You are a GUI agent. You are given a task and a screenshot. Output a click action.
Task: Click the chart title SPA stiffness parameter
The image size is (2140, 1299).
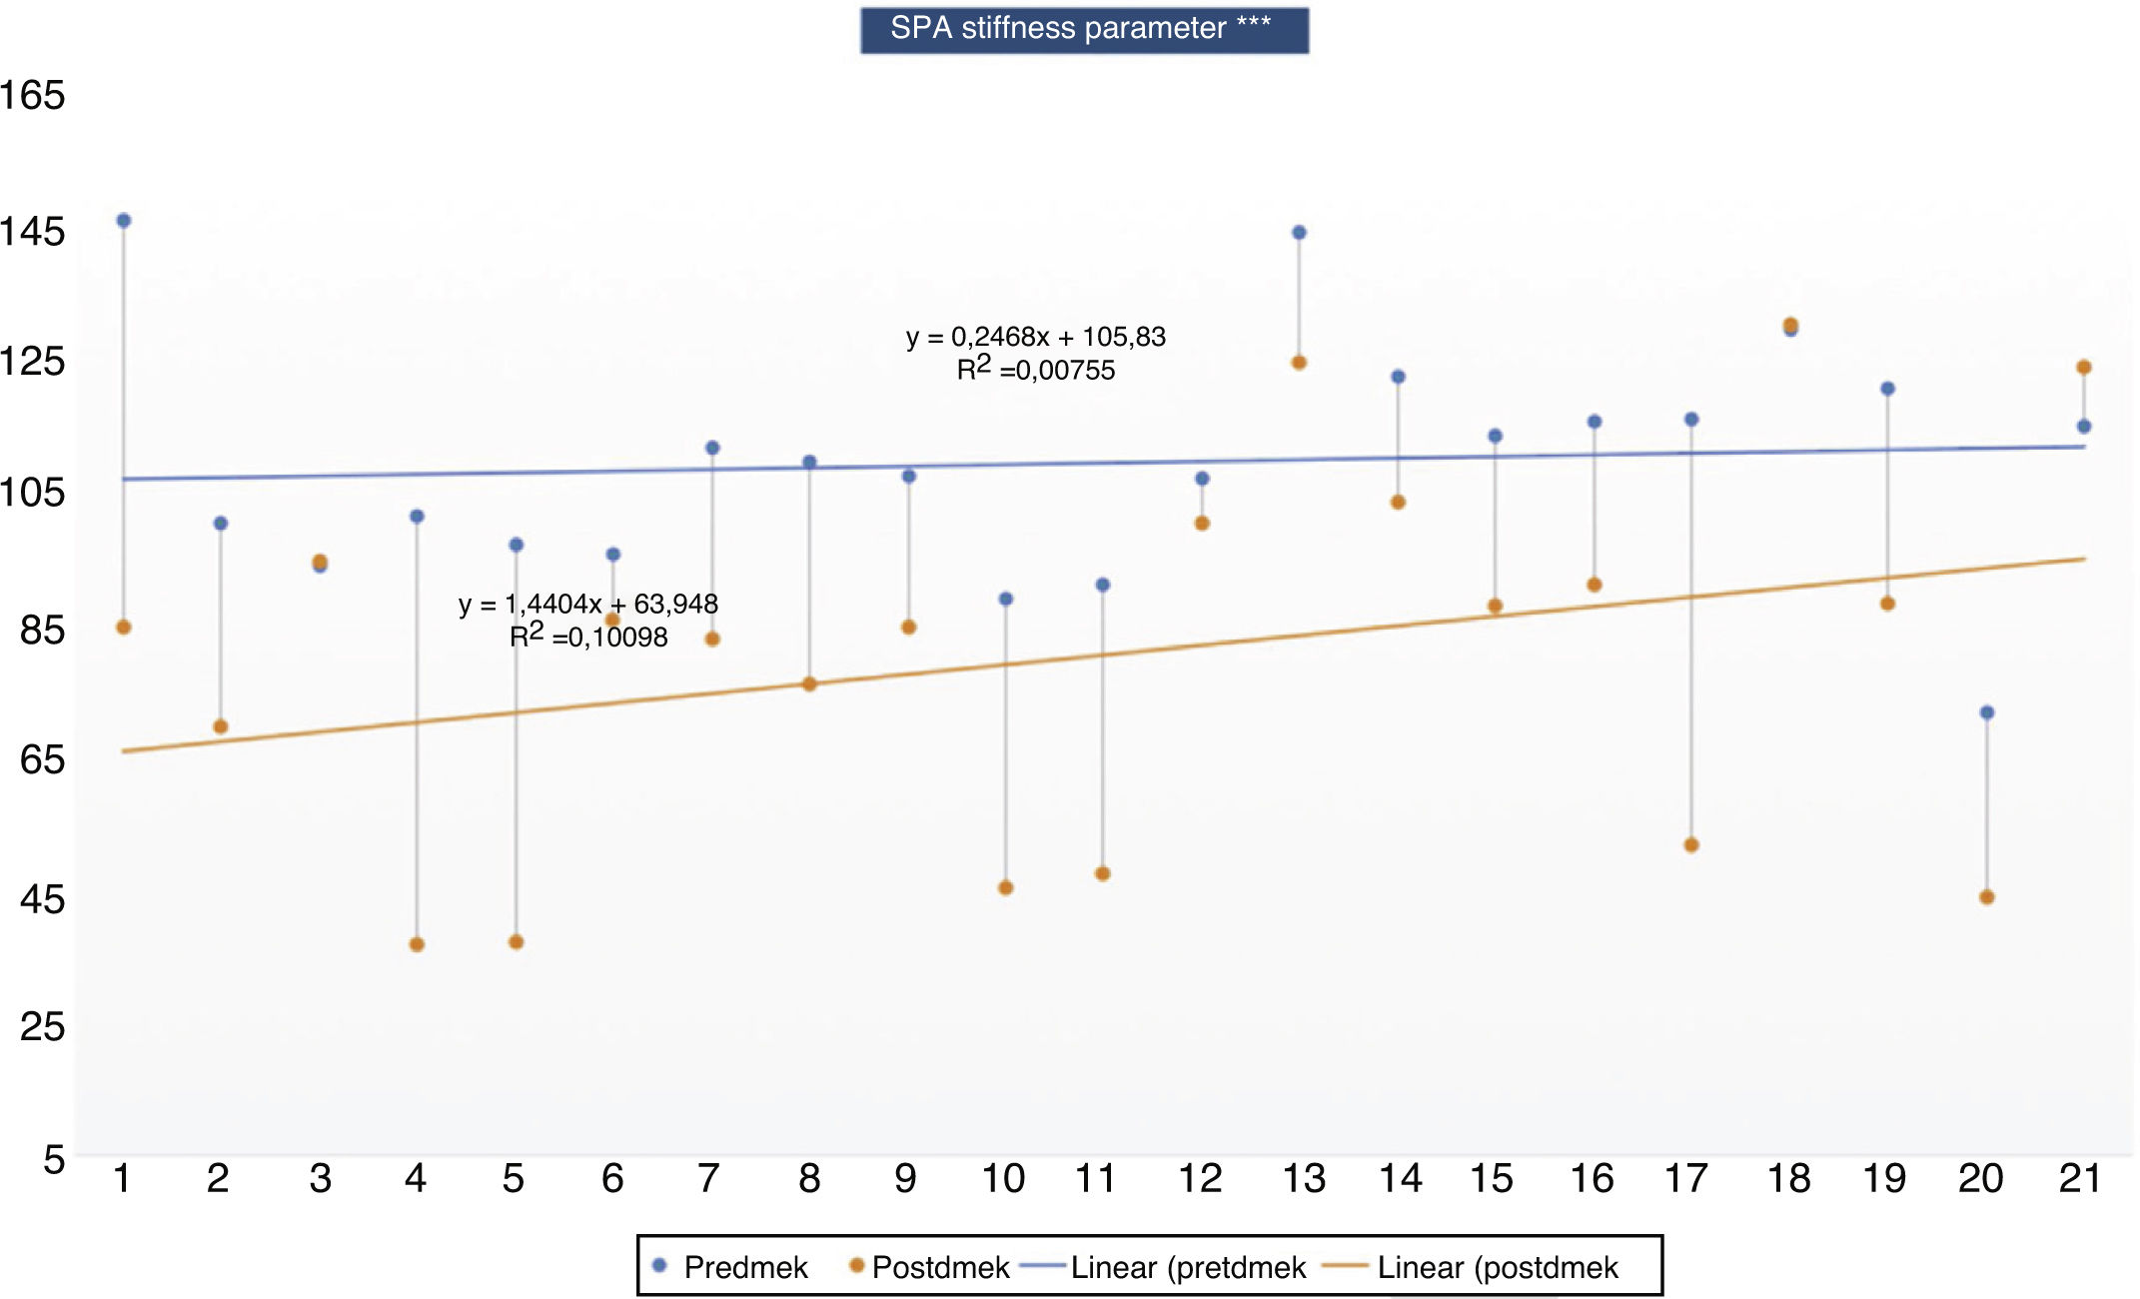tap(1083, 29)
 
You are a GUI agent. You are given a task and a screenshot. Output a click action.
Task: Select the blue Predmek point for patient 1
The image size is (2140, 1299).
tap(124, 221)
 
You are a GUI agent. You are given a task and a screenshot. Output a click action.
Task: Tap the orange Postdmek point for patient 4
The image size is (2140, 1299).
tap(417, 944)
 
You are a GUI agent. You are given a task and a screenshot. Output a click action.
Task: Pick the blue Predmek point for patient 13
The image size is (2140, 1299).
tap(1299, 233)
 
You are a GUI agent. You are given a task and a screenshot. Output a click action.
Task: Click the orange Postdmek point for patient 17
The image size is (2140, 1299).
tap(1691, 845)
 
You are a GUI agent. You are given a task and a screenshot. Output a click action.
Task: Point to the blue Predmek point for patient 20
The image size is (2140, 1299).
tap(1987, 712)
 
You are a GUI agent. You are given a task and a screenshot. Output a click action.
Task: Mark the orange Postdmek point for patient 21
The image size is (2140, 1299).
tap(2084, 368)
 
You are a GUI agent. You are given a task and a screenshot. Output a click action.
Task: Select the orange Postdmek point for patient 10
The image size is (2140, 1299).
tap(1006, 887)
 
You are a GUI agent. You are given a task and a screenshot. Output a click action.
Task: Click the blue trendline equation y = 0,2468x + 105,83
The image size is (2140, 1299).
tap(1036, 337)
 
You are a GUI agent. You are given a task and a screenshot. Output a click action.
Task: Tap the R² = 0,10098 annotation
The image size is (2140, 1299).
tap(588, 637)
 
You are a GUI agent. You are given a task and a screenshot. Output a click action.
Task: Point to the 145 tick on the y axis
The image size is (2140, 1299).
tap(33, 232)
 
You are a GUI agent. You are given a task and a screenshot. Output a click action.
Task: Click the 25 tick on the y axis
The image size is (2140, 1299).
tap(42, 1027)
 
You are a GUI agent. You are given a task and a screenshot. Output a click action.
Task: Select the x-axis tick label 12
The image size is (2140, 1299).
tap(1201, 1179)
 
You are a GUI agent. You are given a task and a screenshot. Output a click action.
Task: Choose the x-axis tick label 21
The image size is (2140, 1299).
tap(2080, 1179)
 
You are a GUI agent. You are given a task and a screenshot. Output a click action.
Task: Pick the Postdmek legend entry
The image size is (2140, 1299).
tap(929, 1267)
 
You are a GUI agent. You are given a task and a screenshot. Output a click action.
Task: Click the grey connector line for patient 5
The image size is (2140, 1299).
tap(517, 799)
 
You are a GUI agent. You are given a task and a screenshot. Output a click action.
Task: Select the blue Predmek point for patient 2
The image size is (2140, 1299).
tap(221, 524)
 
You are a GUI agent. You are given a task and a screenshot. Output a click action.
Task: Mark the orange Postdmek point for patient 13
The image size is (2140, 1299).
tap(1299, 363)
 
